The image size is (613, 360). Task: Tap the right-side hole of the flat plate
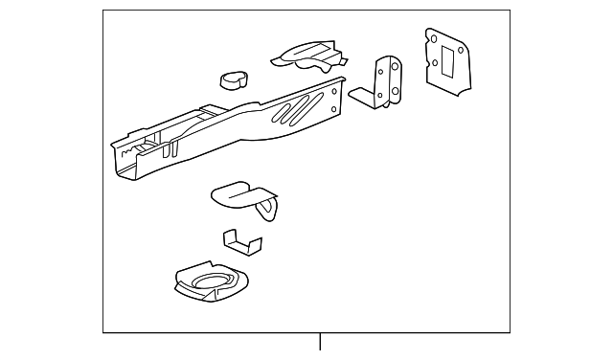(x=462, y=51)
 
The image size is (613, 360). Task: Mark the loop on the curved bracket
(x=267, y=204)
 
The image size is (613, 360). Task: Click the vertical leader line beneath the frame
(x=320, y=343)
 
